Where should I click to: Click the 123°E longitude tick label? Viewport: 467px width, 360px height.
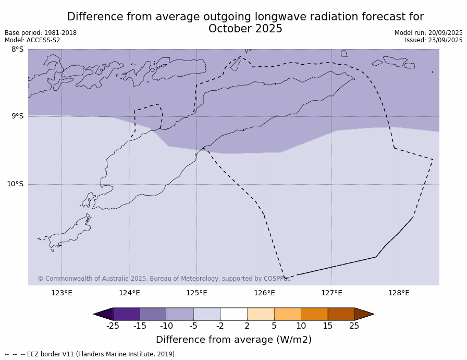tap(62, 293)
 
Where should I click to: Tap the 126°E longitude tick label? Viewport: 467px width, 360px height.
tap(264, 293)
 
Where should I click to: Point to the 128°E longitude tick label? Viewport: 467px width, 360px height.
tap(399, 293)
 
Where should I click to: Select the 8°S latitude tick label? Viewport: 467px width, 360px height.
tap(17, 50)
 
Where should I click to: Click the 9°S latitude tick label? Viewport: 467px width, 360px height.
tap(17, 116)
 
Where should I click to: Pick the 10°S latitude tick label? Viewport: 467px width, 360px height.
tap(15, 184)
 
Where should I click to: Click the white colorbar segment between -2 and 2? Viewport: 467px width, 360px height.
tap(233, 314)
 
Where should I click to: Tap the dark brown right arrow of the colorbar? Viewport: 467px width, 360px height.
tap(363, 314)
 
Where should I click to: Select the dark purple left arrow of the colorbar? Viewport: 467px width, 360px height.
tap(104, 314)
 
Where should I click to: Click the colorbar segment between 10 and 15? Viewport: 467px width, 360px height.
tap(314, 314)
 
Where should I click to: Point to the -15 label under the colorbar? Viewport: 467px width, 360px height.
tap(140, 326)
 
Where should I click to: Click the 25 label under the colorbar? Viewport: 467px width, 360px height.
tap(354, 326)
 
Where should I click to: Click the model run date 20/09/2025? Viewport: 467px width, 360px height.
tap(445, 33)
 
